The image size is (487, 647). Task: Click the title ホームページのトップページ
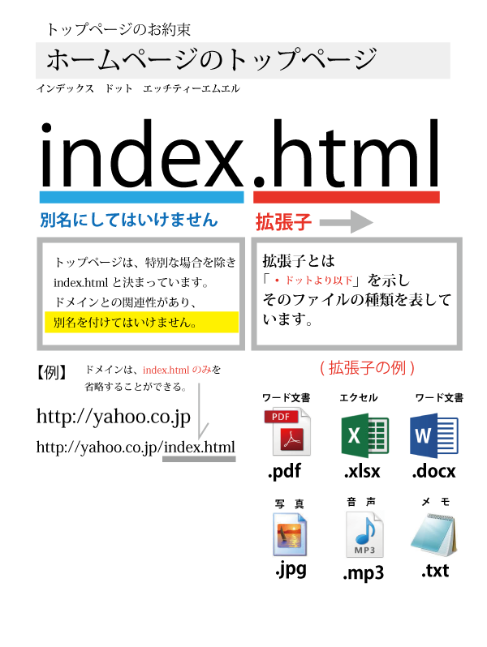[212, 60]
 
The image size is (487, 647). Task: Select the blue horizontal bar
[141, 197]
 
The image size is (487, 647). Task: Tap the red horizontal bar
[346, 197]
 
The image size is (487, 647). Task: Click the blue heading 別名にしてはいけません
[129, 220]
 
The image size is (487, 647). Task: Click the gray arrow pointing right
[347, 221]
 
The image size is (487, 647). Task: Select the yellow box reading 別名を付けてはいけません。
[141, 322]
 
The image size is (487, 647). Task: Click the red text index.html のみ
[177, 370]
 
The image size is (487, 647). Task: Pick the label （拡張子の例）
[367, 368]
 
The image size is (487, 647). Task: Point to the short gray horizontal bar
[199, 459]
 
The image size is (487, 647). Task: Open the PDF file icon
[287, 432]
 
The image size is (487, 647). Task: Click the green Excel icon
[364, 435]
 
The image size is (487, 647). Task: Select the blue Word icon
[433, 435]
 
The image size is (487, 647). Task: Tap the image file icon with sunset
[287, 535]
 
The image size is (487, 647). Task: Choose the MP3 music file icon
[364, 535]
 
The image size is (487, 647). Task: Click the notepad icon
[433, 535]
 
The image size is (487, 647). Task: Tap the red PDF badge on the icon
[281, 417]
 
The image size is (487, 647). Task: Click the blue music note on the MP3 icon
[365, 529]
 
